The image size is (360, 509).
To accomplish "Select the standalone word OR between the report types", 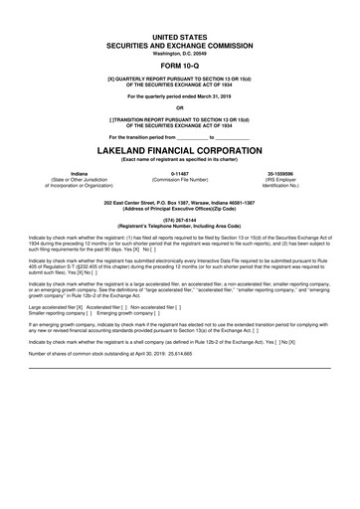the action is (x=180, y=108).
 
